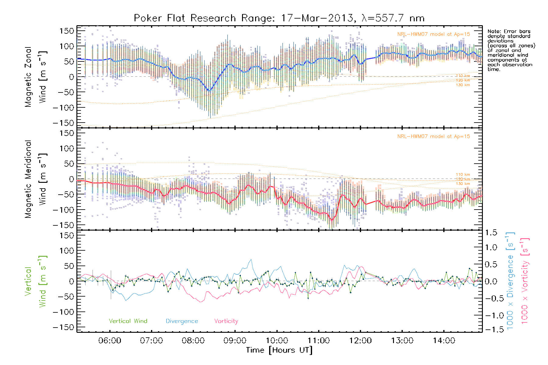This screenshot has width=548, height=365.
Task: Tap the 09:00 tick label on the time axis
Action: [235, 341]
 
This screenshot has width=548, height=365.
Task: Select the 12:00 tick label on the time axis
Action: [360, 341]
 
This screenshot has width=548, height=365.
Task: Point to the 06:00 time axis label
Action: [110, 341]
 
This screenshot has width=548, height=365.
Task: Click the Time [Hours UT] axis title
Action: [279, 350]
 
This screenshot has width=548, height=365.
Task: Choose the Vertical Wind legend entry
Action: [128, 321]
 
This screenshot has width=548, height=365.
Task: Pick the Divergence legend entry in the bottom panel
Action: [182, 321]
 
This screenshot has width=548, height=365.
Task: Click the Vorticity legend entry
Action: [226, 321]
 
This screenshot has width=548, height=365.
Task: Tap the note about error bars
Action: [511, 50]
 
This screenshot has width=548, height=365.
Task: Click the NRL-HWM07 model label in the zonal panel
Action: [434, 34]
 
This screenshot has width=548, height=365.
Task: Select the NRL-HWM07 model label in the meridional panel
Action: [434, 137]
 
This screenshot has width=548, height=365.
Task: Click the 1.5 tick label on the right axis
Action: [491, 233]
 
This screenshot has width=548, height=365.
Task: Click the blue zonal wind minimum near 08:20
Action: [209, 91]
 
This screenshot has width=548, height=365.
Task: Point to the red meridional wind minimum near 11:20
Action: [332, 220]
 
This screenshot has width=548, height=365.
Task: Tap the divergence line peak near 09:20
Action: [251, 259]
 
